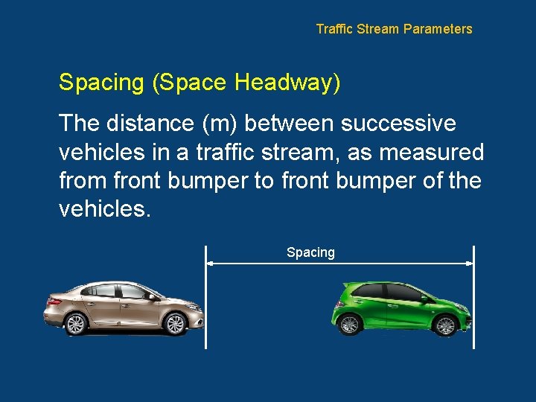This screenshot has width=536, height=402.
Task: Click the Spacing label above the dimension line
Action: click(x=310, y=252)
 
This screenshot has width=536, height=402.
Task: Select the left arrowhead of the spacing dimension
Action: click(x=211, y=263)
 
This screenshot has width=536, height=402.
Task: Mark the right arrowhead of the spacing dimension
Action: click(x=469, y=263)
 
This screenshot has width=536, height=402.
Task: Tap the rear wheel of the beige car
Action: click(x=75, y=324)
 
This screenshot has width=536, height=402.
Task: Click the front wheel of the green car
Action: click(x=445, y=325)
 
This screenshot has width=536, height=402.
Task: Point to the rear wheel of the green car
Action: click(x=348, y=325)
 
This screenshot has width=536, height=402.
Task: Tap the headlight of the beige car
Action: click(x=192, y=306)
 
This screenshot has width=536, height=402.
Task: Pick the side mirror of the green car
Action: click(x=425, y=299)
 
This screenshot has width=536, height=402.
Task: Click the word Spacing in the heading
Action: click(x=101, y=83)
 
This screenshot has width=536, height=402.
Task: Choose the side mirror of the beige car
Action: click(x=151, y=296)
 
